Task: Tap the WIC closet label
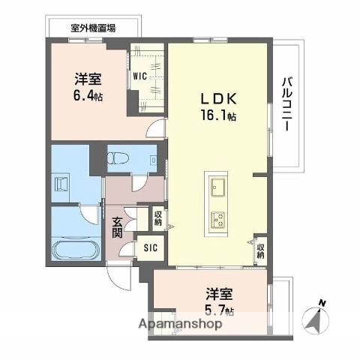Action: (x=140, y=76)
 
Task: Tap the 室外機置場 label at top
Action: (x=93, y=28)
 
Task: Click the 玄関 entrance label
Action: (x=118, y=226)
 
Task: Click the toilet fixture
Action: (x=118, y=160)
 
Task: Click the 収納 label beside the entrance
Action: (x=158, y=218)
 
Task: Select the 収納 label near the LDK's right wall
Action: (x=260, y=250)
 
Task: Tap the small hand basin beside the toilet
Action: (x=152, y=160)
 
